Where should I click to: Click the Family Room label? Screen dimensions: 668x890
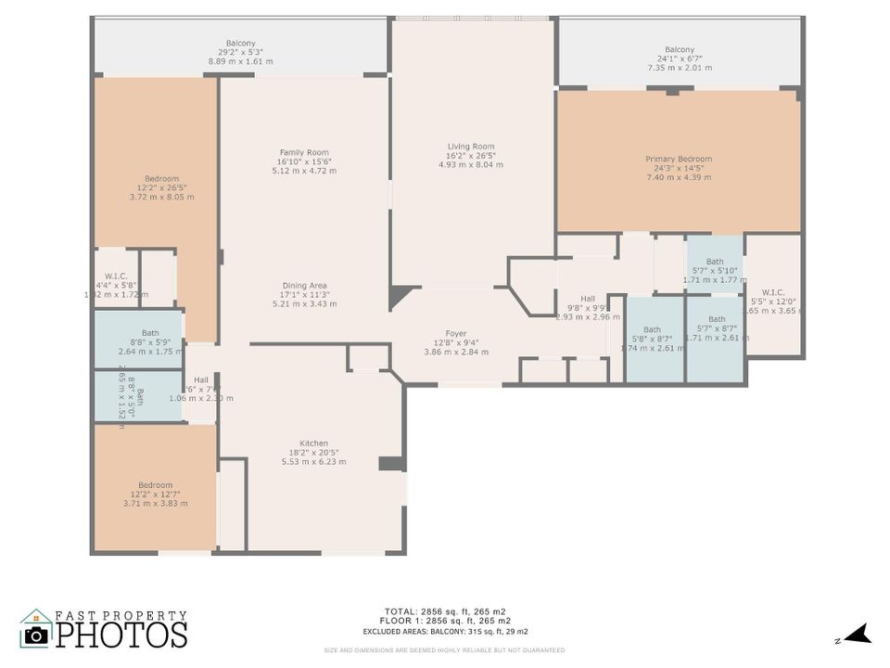tap(304, 161)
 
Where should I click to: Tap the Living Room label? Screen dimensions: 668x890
tap(471, 155)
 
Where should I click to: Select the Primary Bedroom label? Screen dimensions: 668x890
tap(679, 168)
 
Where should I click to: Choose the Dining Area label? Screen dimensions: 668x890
tap(304, 294)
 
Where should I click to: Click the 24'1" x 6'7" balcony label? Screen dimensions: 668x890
tap(679, 58)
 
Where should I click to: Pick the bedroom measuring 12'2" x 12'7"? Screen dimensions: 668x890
tap(155, 494)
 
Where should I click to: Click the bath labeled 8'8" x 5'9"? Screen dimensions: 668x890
tap(150, 342)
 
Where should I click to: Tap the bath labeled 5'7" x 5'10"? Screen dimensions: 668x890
tap(714, 270)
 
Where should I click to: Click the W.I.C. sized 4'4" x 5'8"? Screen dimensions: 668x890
tap(116, 285)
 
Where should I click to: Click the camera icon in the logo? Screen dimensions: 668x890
tap(36, 634)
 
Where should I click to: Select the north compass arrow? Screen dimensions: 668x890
tap(858, 635)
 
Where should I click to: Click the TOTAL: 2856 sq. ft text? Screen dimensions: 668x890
tap(444, 611)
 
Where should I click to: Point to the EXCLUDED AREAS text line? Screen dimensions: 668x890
tap(444, 632)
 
